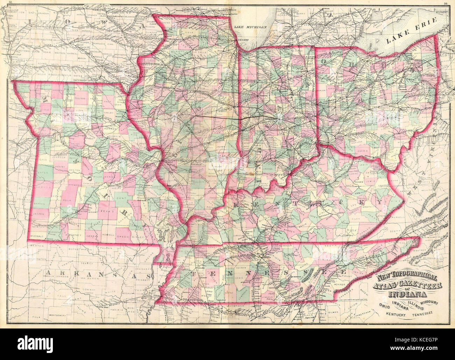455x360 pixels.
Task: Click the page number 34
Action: pyautogui.click(x=446, y=4)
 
